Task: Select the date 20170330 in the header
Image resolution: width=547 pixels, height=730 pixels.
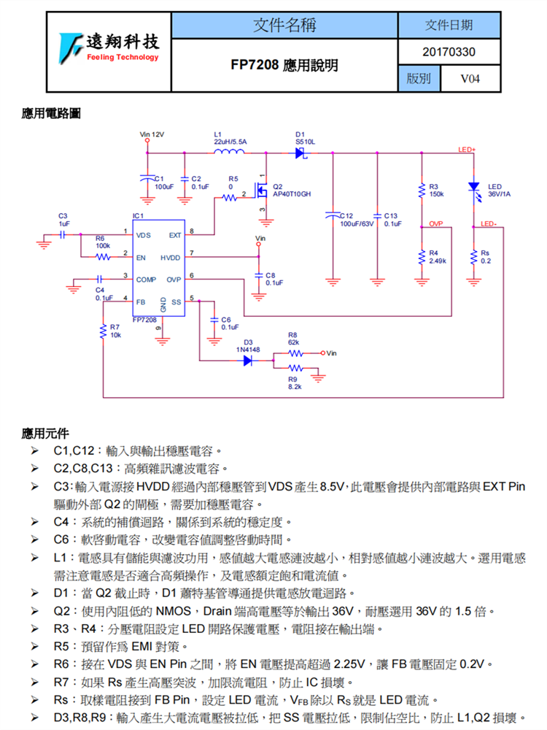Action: pos(449,52)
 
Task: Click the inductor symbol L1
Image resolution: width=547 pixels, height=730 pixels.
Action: pos(231,152)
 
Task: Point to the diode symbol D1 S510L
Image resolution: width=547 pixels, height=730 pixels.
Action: pos(300,153)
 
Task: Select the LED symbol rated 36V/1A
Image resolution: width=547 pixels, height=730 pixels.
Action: pos(474,188)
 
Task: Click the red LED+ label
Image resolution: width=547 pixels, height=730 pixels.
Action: pos(467,150)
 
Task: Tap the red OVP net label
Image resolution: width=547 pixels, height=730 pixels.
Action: pos(436,223)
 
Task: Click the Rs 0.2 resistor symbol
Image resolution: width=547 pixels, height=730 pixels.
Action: pos(474,257)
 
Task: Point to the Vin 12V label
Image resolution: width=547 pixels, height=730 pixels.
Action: pos(152,135)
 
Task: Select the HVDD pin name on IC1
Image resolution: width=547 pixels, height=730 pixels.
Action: pos(171,258)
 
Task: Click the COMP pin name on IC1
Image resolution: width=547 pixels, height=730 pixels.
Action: pos(146,280)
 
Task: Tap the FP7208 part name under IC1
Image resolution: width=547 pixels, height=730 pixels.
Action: pos(144,319)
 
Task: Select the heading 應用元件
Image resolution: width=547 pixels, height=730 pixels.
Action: pos(45,434)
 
